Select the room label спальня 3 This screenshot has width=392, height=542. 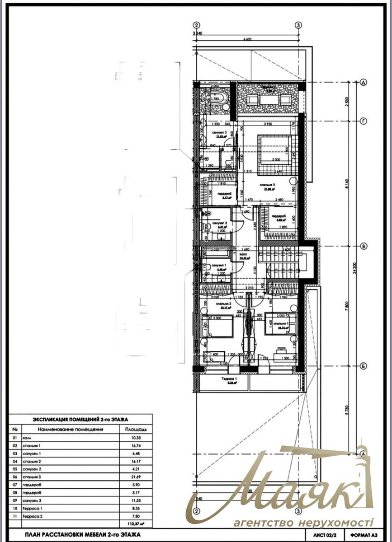pos(267,185)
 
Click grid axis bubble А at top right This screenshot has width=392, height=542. pos(362,83)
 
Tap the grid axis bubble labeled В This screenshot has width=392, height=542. pos(362,246)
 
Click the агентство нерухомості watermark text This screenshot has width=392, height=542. pos(303,523)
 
